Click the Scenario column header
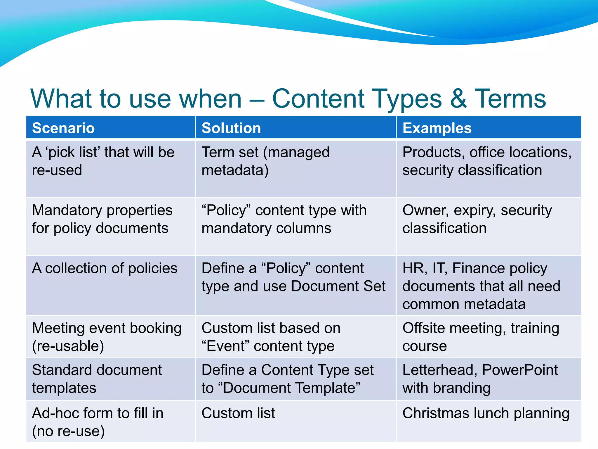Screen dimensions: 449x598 [63, 128]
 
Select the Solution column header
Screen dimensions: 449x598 [231, 128]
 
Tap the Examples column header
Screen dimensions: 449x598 [437, 128]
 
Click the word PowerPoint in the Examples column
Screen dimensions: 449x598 [520, 370]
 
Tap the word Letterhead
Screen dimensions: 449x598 [439, 370]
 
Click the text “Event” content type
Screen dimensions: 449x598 [268, 346]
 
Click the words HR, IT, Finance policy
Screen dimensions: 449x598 [474, 268]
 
